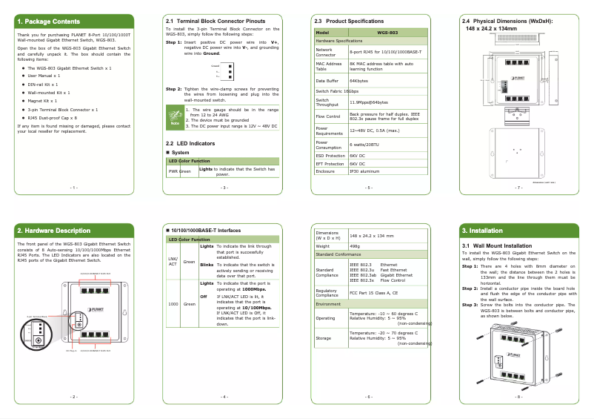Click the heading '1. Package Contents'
tap(49, 22)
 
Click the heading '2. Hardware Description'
tap(54, 231)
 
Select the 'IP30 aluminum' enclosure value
tap(364, 171)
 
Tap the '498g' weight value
tap(355, 245)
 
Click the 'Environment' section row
tap(330, 304)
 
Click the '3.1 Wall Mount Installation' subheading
tap(497, 245)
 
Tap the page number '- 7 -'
tap(518, 188)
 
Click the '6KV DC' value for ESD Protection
tap(358, 156)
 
